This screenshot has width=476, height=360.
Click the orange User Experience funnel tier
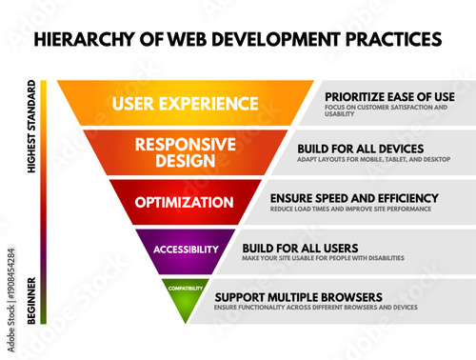(x=187, y=103)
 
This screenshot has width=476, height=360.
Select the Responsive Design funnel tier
(x=187, y=152)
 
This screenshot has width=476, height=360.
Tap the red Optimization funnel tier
(x=184, y=202)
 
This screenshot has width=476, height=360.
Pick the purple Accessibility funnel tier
(x=186, y=250)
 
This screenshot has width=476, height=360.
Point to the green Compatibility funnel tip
(x=186, y=291)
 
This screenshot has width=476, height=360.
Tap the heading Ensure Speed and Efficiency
(x=353, y=197)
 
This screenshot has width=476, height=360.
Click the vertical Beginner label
(x=32, y=300)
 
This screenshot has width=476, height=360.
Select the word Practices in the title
(x=387, y=40)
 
